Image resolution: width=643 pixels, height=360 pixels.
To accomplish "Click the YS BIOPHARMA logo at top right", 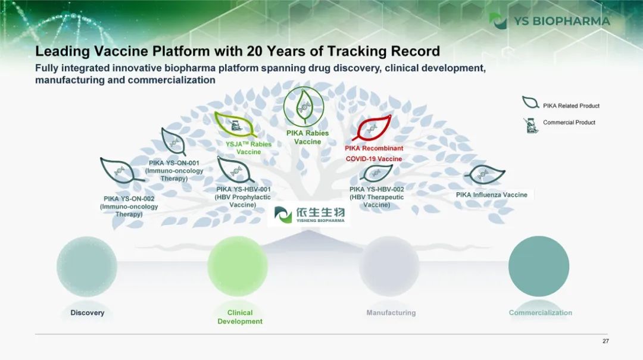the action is coord(550,21).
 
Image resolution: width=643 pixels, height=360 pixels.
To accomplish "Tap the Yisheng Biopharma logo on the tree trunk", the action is coord(309,214).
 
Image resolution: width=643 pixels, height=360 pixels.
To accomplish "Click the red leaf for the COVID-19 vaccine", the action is coord(372,128).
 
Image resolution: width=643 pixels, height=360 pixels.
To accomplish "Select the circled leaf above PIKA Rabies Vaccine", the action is coord(304,107).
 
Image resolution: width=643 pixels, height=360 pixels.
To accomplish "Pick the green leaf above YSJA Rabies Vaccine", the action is coord(235,124).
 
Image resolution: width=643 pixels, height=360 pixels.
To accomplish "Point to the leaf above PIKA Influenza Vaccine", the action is coord(485,175).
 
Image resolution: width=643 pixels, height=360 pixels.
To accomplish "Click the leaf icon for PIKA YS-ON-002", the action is coord(120,170).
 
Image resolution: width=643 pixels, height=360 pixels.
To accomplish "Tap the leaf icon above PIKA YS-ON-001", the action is coord(173,142).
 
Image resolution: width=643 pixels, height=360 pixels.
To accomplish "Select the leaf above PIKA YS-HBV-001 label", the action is coord(235,170).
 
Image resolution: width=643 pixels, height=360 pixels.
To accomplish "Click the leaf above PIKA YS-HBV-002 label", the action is coord(376,173).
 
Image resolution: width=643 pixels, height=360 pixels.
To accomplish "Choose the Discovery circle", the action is coord(87,267).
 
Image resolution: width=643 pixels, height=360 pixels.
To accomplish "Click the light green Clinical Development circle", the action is coord(238,267).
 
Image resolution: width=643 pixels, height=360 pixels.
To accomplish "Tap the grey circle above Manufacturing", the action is coord(389,267).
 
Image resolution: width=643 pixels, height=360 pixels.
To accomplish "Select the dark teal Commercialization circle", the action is coord(539,267).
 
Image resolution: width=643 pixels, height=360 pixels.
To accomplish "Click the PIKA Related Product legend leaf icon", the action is coord(530,102).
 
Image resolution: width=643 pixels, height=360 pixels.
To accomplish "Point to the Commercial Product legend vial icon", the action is coord(530,125).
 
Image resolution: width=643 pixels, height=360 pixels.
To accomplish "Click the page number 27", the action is coord(605,341).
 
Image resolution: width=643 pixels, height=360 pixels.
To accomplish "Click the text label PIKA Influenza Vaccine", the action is coord(492,195).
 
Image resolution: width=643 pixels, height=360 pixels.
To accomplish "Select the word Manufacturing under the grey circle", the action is coord(391,313).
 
